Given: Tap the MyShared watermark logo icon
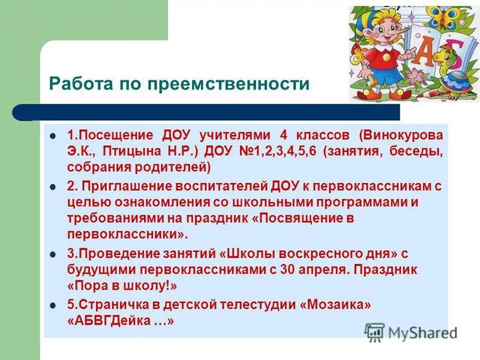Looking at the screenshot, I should [x=375, y=332].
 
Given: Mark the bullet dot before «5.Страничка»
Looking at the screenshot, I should [x=53, y=305].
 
